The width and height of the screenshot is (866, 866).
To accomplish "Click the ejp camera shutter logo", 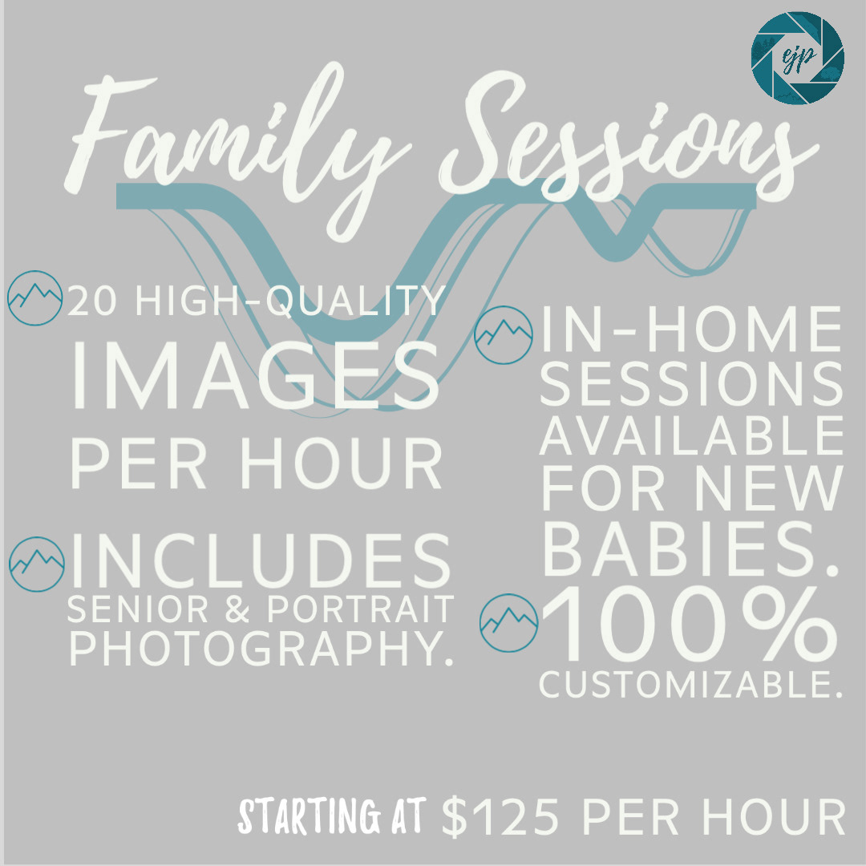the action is coord(797,58).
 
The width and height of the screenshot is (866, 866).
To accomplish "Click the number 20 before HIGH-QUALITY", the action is coord(91,301).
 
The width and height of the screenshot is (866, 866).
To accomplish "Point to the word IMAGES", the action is coord(256,375).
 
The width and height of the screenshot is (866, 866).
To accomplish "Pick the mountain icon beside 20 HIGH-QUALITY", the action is coord(34,297).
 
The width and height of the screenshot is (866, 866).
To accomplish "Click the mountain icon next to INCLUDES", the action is coord(37,564).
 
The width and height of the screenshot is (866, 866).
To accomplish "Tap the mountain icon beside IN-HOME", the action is coord(503,334).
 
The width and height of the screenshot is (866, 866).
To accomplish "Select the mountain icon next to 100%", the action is coord(508,622).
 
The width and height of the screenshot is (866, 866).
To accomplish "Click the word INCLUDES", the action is coord(261,560).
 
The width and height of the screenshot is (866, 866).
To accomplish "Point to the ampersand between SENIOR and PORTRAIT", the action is coord(237,609).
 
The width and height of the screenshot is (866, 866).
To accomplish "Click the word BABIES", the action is coord(690,548).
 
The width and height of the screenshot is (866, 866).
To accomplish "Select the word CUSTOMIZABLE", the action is coord(691,685).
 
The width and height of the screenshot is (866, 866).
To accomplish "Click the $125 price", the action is coord(500,816).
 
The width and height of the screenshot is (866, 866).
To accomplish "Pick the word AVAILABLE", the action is coord(691,435).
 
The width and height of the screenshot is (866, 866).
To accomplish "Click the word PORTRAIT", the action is coord(361,609).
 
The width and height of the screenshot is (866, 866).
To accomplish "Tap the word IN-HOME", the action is coord(691,330).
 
